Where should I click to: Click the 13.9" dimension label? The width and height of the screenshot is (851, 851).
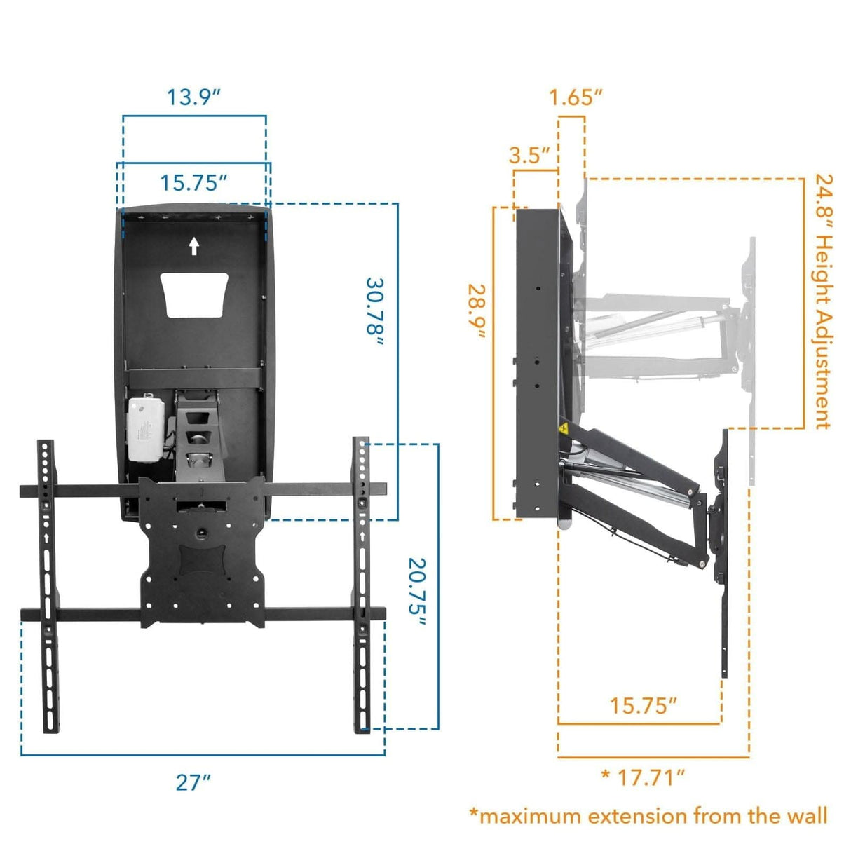pos(193,97)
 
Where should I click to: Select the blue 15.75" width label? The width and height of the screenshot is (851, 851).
pos(193,183)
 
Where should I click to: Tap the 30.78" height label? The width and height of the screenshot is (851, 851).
pos(375,313)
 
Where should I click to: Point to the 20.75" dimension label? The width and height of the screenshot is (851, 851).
pos(418,586)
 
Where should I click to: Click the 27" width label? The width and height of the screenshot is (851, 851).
pos(193,782)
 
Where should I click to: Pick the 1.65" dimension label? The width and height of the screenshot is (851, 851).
pos(576,97)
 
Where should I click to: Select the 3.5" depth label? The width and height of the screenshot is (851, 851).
pos(529,155)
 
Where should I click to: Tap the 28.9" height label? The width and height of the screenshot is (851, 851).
pos(478,311)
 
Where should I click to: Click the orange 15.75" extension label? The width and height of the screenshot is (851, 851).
pos(643,705)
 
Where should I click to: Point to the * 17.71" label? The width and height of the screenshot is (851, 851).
pos(643,777)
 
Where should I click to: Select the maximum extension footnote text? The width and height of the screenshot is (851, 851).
pos(648,816)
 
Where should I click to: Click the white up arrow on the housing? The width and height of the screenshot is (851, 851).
pos(194,246)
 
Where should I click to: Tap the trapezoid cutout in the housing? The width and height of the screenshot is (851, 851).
pos(194,295)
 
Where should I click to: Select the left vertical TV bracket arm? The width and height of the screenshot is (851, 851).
pos(48,585)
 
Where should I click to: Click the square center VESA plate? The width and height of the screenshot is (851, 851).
pos(202,554)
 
